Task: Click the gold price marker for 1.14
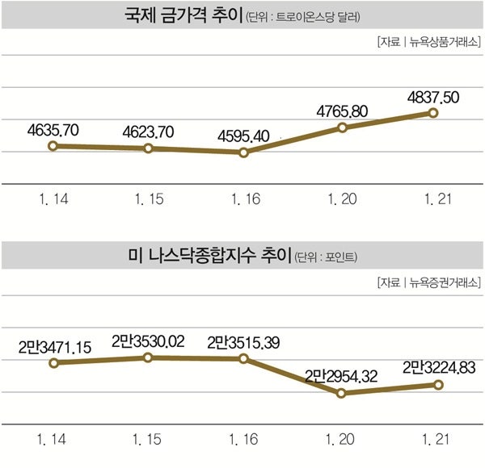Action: (x=53, y=146)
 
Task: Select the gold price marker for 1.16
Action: (x=244, y=152)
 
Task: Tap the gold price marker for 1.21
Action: (x=433, y=113)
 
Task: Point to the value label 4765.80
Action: (x=343, y=110)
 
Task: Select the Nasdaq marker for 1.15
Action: (x=149, y=357)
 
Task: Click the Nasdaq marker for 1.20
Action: (x=342, y=393)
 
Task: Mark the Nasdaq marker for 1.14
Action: (x=53, y=363)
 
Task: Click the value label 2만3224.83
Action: (x=438, y=367)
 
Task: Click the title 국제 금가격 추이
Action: (x=183, y=15)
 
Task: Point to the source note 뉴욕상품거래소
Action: (x=444, y=41)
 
